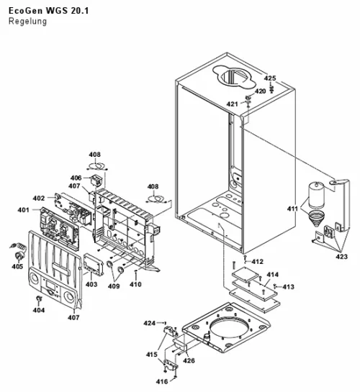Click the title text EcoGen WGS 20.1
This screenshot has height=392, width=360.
(48, 11)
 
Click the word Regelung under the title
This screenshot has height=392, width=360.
(27, 22)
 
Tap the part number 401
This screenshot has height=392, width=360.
(23, 210)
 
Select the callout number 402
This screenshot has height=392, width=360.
(39, 199)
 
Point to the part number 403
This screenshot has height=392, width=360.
(91, 284)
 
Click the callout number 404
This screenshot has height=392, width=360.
(39, 310)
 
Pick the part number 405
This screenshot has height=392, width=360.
(17, 267)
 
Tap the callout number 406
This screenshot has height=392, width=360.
(76, 178)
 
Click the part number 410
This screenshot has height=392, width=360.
(135, 284)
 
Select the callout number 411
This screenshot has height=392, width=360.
(292, 209)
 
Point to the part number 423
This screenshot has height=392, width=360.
(342, 257)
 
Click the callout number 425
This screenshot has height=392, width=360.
(270, 78)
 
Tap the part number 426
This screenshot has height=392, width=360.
(189, 360)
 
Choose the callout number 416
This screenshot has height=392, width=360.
(162, 381)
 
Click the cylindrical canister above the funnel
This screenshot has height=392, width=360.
(316, 195)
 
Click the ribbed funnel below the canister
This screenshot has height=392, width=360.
(316, 218)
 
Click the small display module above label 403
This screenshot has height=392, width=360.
(93, 264)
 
